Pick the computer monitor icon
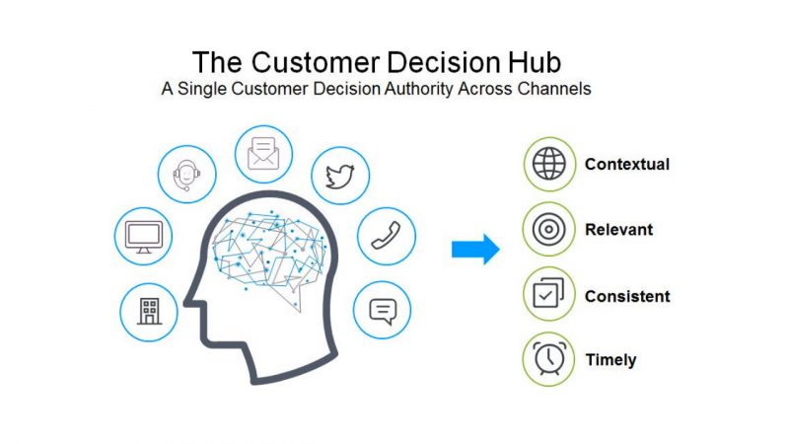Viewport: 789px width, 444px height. coord(143,237)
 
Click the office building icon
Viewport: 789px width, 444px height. coord(149,311)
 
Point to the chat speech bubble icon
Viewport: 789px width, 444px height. coord(382,311)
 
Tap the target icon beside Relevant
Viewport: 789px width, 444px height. coord(548,230)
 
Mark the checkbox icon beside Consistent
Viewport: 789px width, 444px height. coord(548,296)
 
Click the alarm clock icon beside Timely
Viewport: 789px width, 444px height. coord(548,359)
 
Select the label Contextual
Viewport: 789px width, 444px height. coord(626,164)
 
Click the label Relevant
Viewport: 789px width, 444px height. coord(618,230)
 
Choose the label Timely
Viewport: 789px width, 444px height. coord(610,359)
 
